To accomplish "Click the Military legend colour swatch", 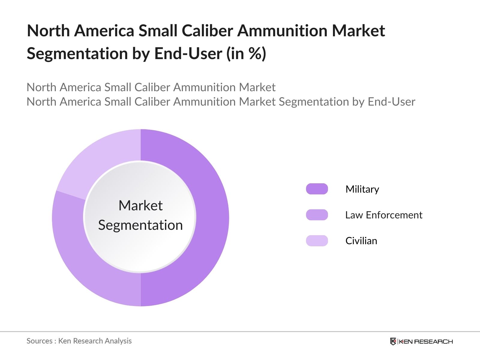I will [x=317, y=189].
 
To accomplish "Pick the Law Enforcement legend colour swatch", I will [x=317, y=215].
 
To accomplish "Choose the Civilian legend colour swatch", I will [x=317, y=241].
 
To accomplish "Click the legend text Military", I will [x=362, y=189].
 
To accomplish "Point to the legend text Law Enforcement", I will [x=384, y=215].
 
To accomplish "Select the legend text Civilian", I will [x=361, y=241].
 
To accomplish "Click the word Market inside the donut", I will [x=140, y=206].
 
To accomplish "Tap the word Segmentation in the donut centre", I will [x=140, y=225].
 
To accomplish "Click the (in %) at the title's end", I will [x=246, y=54].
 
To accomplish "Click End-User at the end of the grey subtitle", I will [x=391, y=102].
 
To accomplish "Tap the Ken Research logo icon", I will [x=393, y=341].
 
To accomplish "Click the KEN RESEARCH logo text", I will [x=426, y=341].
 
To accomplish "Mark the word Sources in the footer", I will [x=40, y=341].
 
